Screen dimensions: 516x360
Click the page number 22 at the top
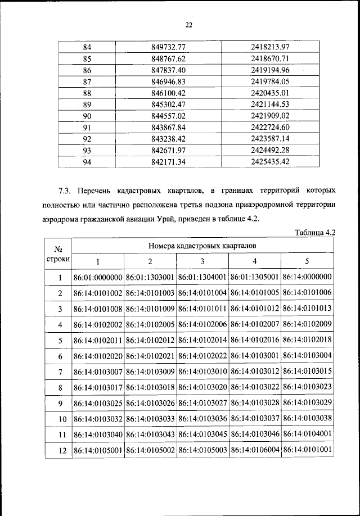tap(188, 24)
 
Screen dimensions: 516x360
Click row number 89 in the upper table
tap(87, 105)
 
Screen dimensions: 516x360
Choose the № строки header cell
tap(58, 254)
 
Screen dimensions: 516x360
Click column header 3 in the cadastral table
tap(202, 261)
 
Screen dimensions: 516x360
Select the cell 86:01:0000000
tap(98, 277)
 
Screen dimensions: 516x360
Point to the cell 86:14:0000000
tap(307, 277)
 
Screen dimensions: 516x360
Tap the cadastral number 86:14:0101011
tap(202, 309)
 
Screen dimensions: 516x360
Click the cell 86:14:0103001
tap(254, 356)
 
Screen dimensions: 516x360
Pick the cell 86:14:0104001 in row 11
tap(307, 434)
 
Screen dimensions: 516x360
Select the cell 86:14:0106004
tap(254, 450)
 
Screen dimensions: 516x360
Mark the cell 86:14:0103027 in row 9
tap(202, 403)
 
